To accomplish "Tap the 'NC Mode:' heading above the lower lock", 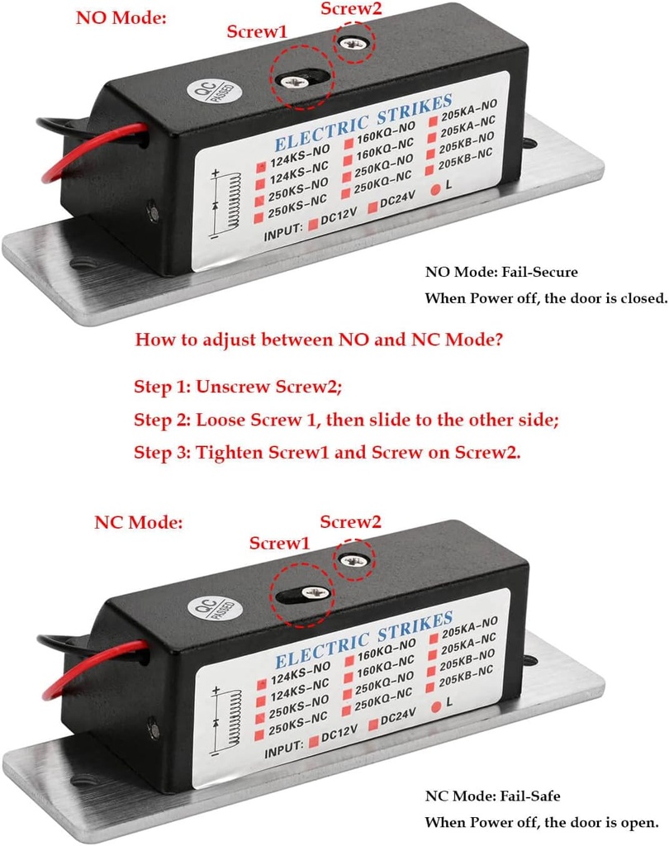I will tap(138, 522).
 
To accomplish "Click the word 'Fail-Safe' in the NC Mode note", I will tap(529, 796).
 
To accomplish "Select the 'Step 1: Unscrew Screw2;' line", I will tap(238, 387).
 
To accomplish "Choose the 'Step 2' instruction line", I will tap(347, 420).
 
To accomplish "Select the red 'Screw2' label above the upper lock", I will tap(351, 10).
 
